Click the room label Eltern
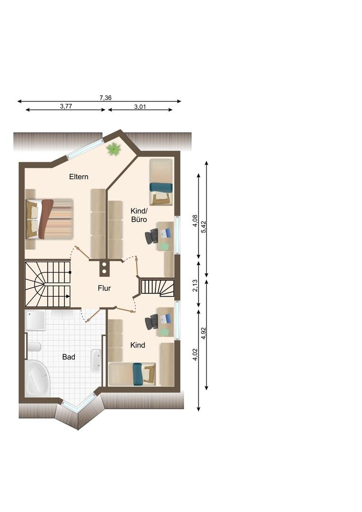point(79,177)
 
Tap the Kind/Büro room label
point(139,215)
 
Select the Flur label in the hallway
point(104,288)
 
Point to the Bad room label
point(69,357)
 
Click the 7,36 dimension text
point(106,98)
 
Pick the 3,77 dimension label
point(66,106)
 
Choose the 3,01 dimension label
point(140,107)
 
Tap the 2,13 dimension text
point(195,285)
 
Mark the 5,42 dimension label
point(204,227)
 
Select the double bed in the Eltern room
point(49,219)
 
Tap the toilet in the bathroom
point(34,347)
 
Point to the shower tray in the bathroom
point(36,320)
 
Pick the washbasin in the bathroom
point(96,360)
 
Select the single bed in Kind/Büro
point(161,182)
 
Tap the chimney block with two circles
point(104,268)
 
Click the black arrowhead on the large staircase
point(68,296)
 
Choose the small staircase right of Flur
point(157,288)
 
